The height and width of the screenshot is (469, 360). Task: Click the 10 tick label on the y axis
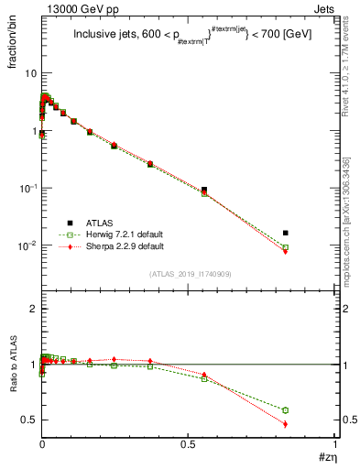point(28,72)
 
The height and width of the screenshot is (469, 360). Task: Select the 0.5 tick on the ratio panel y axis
point(28,420)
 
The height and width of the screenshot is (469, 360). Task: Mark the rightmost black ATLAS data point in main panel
point(286,233)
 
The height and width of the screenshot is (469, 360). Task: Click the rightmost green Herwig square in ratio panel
point(286,409)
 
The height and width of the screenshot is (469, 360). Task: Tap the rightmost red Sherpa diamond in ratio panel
point(286,424)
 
